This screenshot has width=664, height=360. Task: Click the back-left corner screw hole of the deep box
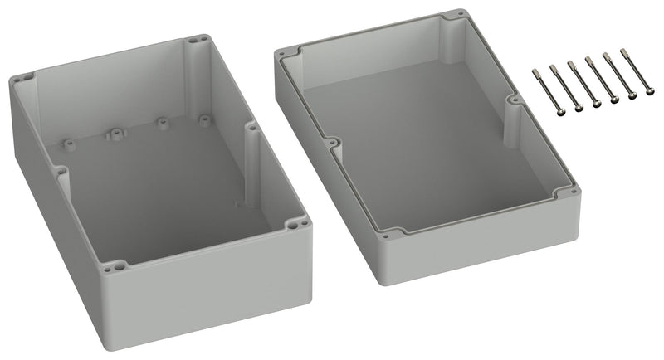(19, 80)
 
